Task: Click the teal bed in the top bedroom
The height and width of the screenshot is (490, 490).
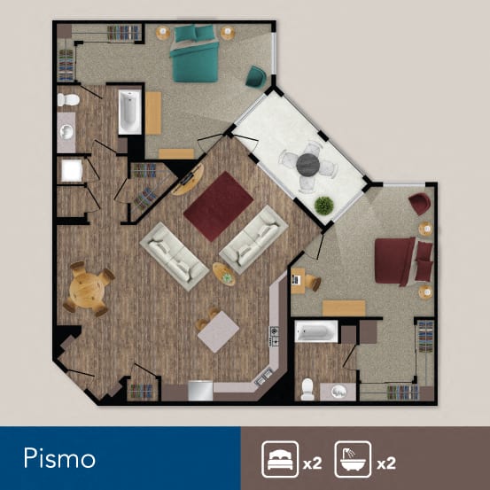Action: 195,55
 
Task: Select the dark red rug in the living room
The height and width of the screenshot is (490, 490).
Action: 217,205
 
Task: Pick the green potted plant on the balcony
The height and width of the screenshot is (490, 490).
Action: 324,206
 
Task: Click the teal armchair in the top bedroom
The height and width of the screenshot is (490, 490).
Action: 255,76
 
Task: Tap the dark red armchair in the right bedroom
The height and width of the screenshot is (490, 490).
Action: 420,204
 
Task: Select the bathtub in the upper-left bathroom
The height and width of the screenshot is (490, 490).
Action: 129,112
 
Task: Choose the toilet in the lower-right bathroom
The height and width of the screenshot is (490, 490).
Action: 307,387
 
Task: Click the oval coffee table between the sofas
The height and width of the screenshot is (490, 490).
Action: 224,275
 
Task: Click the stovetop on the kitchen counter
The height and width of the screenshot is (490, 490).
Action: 274,336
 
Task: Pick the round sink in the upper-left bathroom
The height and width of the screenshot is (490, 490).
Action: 66,133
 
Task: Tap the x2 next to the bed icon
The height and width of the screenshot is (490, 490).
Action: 310,463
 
